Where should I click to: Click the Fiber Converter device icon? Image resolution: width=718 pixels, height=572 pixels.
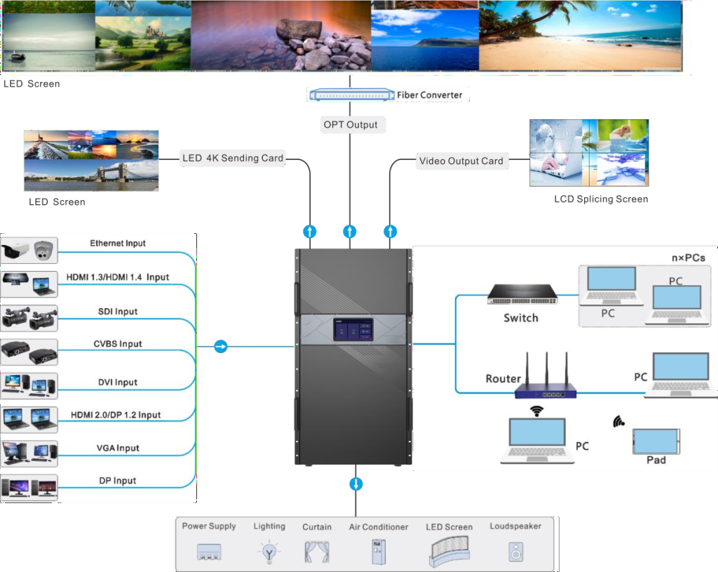point(350,95)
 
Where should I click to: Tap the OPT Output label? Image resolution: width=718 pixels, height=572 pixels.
point(350,125)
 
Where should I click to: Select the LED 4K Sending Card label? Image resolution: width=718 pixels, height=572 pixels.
point(233,159)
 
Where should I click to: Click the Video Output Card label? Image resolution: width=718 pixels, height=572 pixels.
point(461,161)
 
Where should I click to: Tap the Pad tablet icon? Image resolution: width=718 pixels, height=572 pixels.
point(656,441)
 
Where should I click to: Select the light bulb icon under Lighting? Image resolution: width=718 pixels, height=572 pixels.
point(269,552)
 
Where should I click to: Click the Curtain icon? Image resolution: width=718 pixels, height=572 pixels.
point(317,552)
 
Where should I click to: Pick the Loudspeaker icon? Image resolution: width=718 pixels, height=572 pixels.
point(516,552)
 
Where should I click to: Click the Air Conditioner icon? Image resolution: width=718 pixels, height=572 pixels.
point(378,551)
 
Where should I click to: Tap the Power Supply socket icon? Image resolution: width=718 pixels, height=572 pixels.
point(209,552)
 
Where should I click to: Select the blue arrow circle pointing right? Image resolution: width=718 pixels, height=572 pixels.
point(221,346)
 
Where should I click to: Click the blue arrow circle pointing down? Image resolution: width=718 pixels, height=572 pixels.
point(356,484)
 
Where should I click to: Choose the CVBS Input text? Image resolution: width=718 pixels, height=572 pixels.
point(118,344)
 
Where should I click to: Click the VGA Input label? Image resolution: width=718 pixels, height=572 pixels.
point(118,448)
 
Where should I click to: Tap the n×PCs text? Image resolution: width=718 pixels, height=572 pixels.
point(688,258)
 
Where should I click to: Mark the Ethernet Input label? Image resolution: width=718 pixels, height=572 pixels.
point(118,244)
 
